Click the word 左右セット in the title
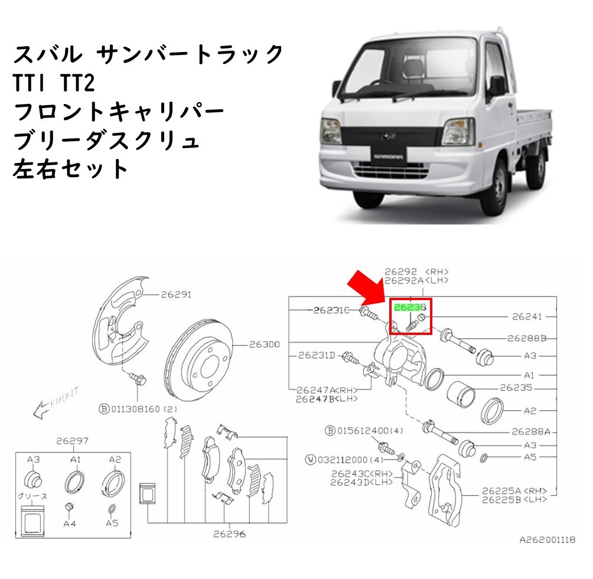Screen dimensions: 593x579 click(x=71, y=169)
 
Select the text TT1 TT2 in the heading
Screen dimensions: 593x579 click(x=54, y=83)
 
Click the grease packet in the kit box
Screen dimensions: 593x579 click(x=32, y=521)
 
